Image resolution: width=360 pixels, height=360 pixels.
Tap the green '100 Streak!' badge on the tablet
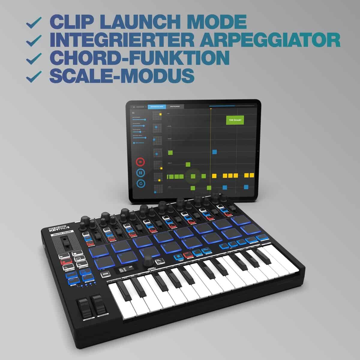(235, 120)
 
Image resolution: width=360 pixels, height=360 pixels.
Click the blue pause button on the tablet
(140, 173)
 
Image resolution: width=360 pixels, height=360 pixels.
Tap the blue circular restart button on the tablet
(140, 183)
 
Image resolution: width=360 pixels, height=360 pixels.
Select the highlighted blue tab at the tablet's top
(157, 106)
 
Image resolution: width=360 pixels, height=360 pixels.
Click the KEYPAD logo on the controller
(57, 231)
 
